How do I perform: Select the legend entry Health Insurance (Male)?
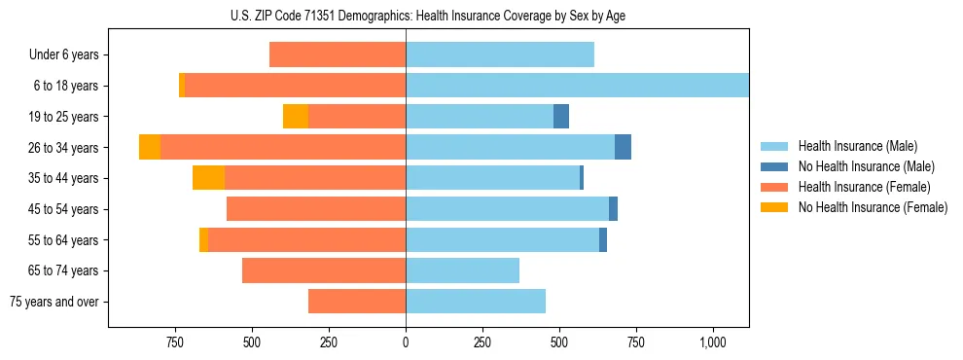tap(852, 146)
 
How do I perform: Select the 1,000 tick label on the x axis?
tap(713, 342)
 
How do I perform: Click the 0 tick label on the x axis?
tap(406, 342)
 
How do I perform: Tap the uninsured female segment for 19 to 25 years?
tap(296, 117)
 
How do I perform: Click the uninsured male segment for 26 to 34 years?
tap(623, 147)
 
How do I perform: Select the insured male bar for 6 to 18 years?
tap(577, 86)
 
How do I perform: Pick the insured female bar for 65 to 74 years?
tap(324, 270)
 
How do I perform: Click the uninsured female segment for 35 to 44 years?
tap(208, 178)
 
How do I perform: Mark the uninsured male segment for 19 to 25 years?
tap(561, 117)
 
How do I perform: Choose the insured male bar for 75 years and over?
tap(476, 302)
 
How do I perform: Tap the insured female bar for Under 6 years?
tap(338, 54)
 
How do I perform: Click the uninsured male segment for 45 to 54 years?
tap(613, 209)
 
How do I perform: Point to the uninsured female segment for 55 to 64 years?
tap(203, 239)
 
